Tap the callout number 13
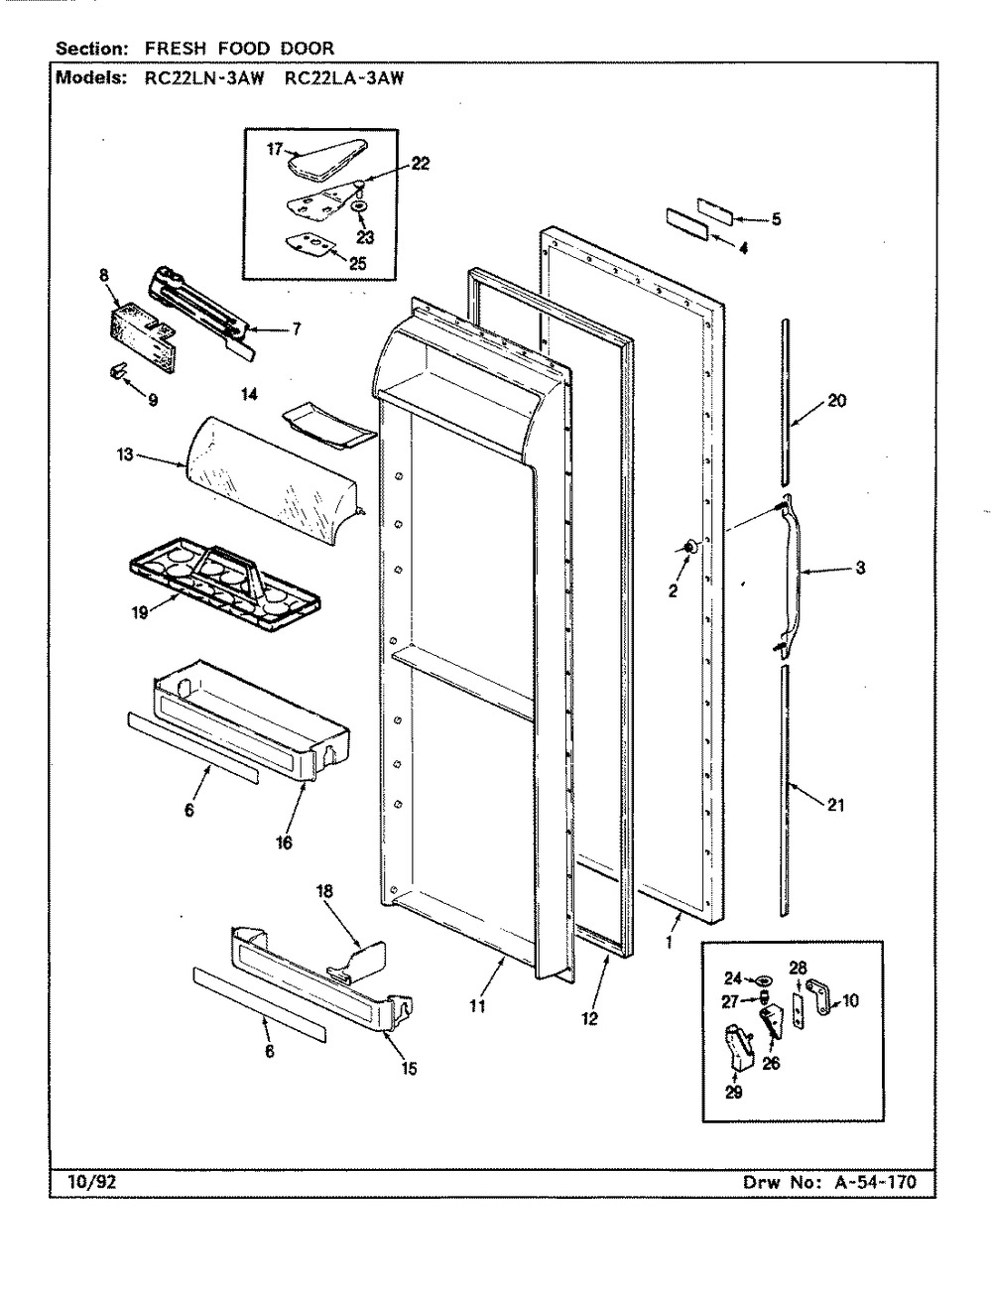click(125, 455)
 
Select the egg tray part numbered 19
click(225, 583)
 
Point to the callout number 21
click(835, 804)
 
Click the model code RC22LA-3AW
click(343, 78)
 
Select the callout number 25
click(358, 263)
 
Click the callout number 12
click(589, 1018)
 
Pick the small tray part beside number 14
click(329, 422)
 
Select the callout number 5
click(776, 219)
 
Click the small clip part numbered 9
click(116, 370)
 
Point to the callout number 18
click(324, 907)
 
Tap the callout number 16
click(284, 843)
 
